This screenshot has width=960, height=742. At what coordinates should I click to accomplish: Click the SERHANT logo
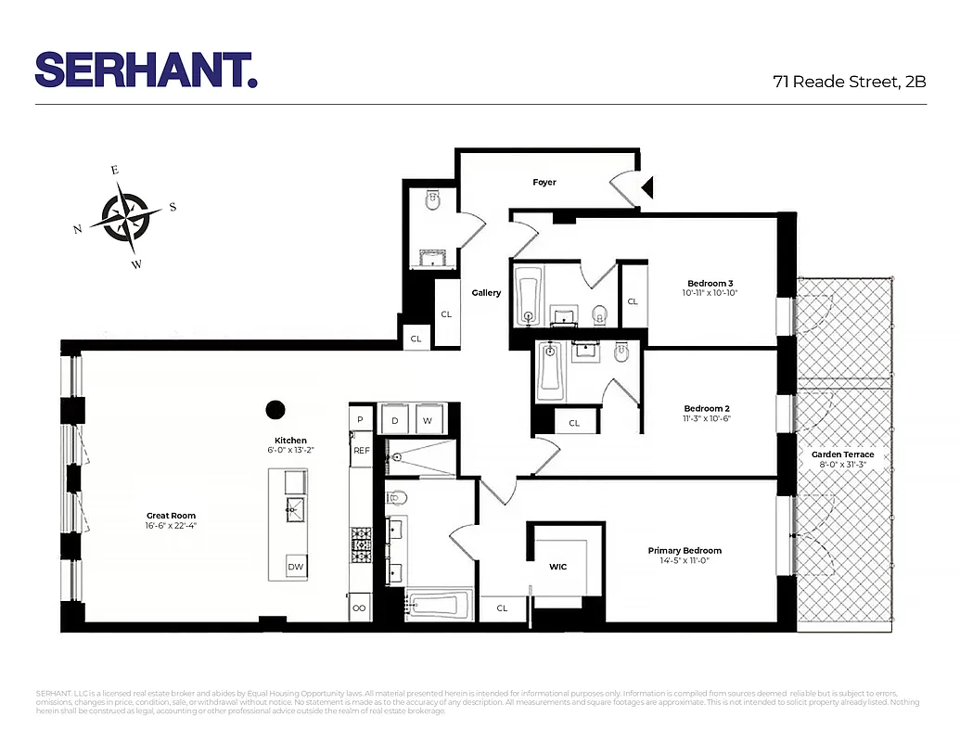(x=146, y=70)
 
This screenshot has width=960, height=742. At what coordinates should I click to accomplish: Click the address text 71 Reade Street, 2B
(x=850, y=81)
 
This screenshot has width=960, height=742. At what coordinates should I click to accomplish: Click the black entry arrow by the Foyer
(x=647, y=188)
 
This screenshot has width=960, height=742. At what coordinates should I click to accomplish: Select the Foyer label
(x=544, y=183)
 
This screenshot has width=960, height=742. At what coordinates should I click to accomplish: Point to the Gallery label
(x=486, y=293)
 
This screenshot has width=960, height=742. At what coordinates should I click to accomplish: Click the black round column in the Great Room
(x=275, y=408)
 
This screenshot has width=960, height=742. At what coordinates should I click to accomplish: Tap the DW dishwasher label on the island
(x=295, y=567)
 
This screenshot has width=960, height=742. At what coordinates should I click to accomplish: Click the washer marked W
(x=428, y=420)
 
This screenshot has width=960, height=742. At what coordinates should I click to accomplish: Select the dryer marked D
(x=394, y=420)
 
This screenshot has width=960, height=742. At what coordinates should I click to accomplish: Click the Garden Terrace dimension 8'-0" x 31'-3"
(x=843, y=465)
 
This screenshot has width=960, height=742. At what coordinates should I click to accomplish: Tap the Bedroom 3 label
(x=710, y=283)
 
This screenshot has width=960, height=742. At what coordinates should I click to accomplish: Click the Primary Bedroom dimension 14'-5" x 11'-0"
(x=685, y=561)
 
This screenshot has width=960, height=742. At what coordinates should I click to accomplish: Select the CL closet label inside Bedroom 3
(x=633, y=301)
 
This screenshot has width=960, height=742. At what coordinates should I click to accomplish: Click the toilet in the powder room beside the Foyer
(x=432, y=200)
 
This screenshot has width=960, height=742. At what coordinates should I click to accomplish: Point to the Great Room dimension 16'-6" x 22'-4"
(x=172, y=526)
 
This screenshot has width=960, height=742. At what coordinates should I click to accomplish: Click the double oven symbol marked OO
(x=359, y=608)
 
